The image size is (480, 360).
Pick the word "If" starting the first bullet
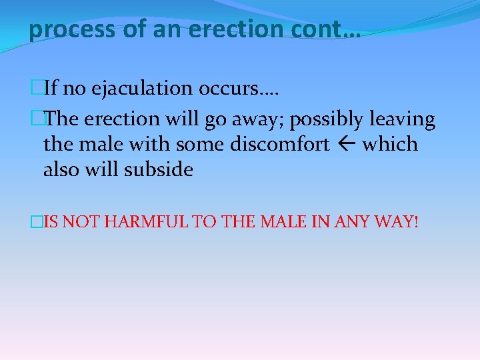click(51, 88)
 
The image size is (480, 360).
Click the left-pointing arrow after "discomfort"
click(346, 145)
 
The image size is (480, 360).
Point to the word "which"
click(390, 144)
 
